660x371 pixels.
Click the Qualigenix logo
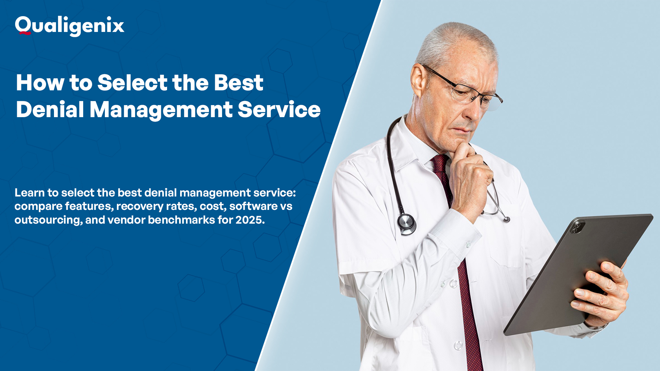tap(69, 26)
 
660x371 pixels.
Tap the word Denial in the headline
tap(50, 110)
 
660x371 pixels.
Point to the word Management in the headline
tap(161, 110)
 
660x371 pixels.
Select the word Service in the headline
tap(279, 110)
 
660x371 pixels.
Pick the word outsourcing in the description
tap(48, 220)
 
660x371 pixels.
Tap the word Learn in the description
tap(30, 193)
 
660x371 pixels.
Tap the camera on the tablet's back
tap(577, 227)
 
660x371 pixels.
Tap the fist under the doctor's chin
tap(471, 179)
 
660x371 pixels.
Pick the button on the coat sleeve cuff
tap(468, 245)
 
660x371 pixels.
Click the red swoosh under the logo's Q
tap(25, 33)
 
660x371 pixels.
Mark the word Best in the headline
tap(239, 83)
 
